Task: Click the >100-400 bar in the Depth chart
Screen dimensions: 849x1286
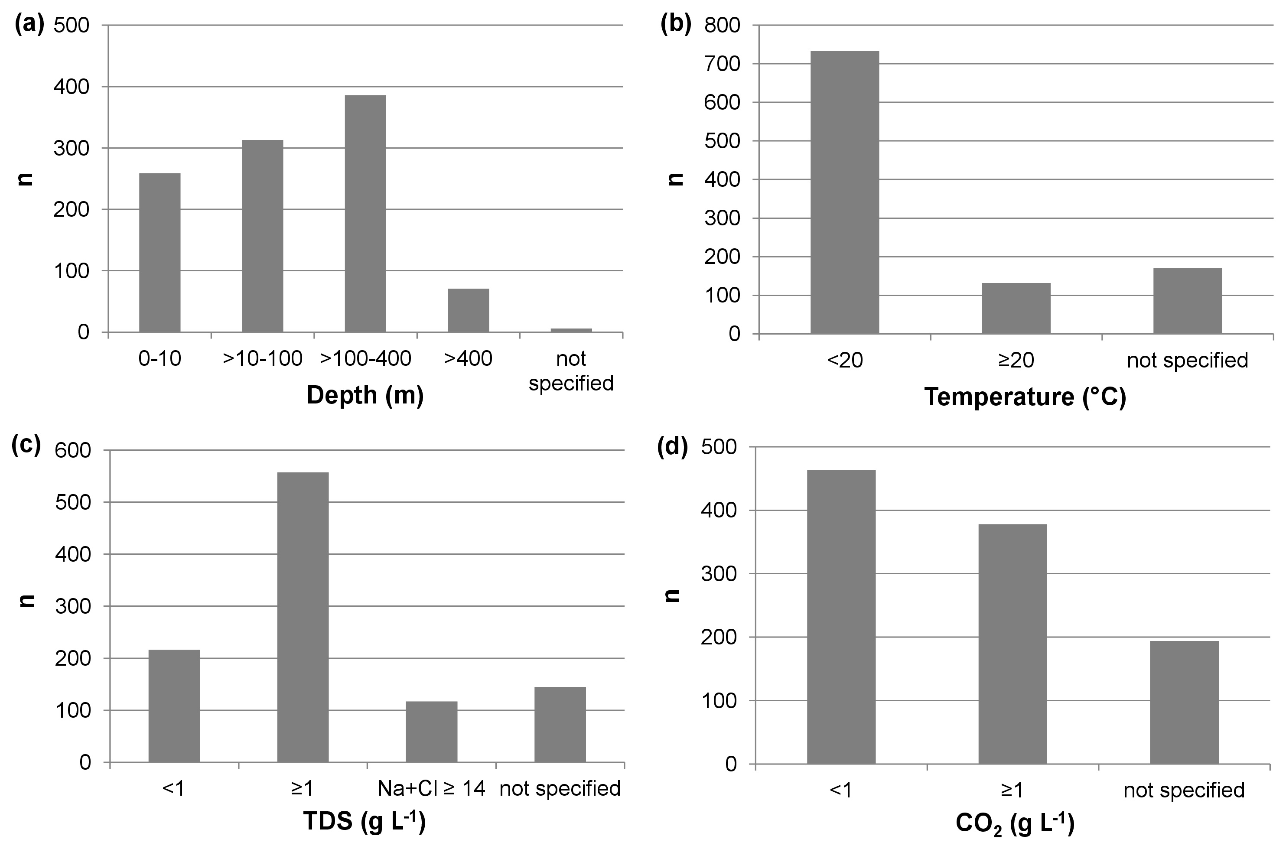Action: tap(365, 213)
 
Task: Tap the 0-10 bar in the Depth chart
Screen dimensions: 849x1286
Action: tap(160, 252)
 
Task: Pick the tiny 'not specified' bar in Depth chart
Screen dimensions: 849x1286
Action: tap(571, 330)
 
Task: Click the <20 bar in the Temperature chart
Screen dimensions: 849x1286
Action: tap(844, 192)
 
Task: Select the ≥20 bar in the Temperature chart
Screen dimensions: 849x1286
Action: tap(1016, 308)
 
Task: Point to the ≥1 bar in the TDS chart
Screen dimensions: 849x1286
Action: tap(303, 617)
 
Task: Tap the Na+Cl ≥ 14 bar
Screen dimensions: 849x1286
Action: tap(432, 732)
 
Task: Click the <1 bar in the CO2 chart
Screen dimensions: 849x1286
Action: tap(841, 617)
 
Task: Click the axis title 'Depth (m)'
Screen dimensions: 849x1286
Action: tap(365, 395)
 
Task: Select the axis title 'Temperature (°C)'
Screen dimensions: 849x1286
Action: tap(1025, 397)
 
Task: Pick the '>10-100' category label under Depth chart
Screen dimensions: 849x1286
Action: tap(263, 358)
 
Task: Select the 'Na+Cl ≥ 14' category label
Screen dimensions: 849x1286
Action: tap(432, 788)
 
